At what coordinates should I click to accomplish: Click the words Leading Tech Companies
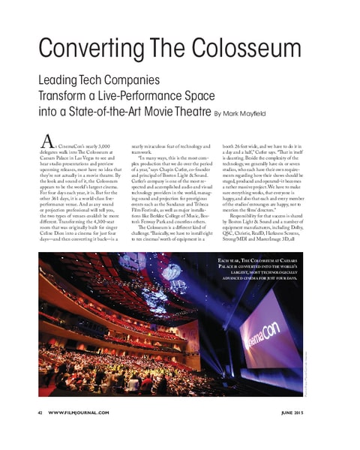tap(99, 79)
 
